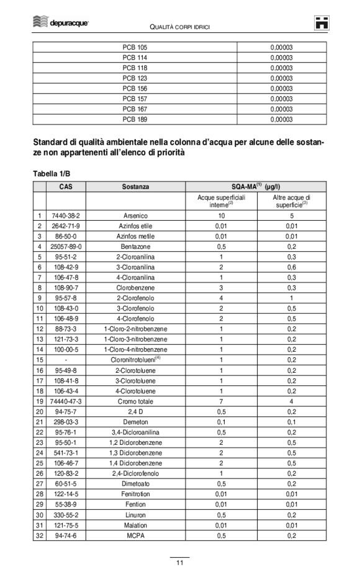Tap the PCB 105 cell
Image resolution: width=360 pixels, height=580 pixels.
(135, 48)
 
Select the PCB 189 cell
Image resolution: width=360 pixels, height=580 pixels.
(135, 119)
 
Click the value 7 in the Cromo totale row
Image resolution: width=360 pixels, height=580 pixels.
(221, 401)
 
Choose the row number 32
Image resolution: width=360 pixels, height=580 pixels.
(39, 535)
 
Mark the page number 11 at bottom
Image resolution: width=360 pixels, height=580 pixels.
(179, 563)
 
